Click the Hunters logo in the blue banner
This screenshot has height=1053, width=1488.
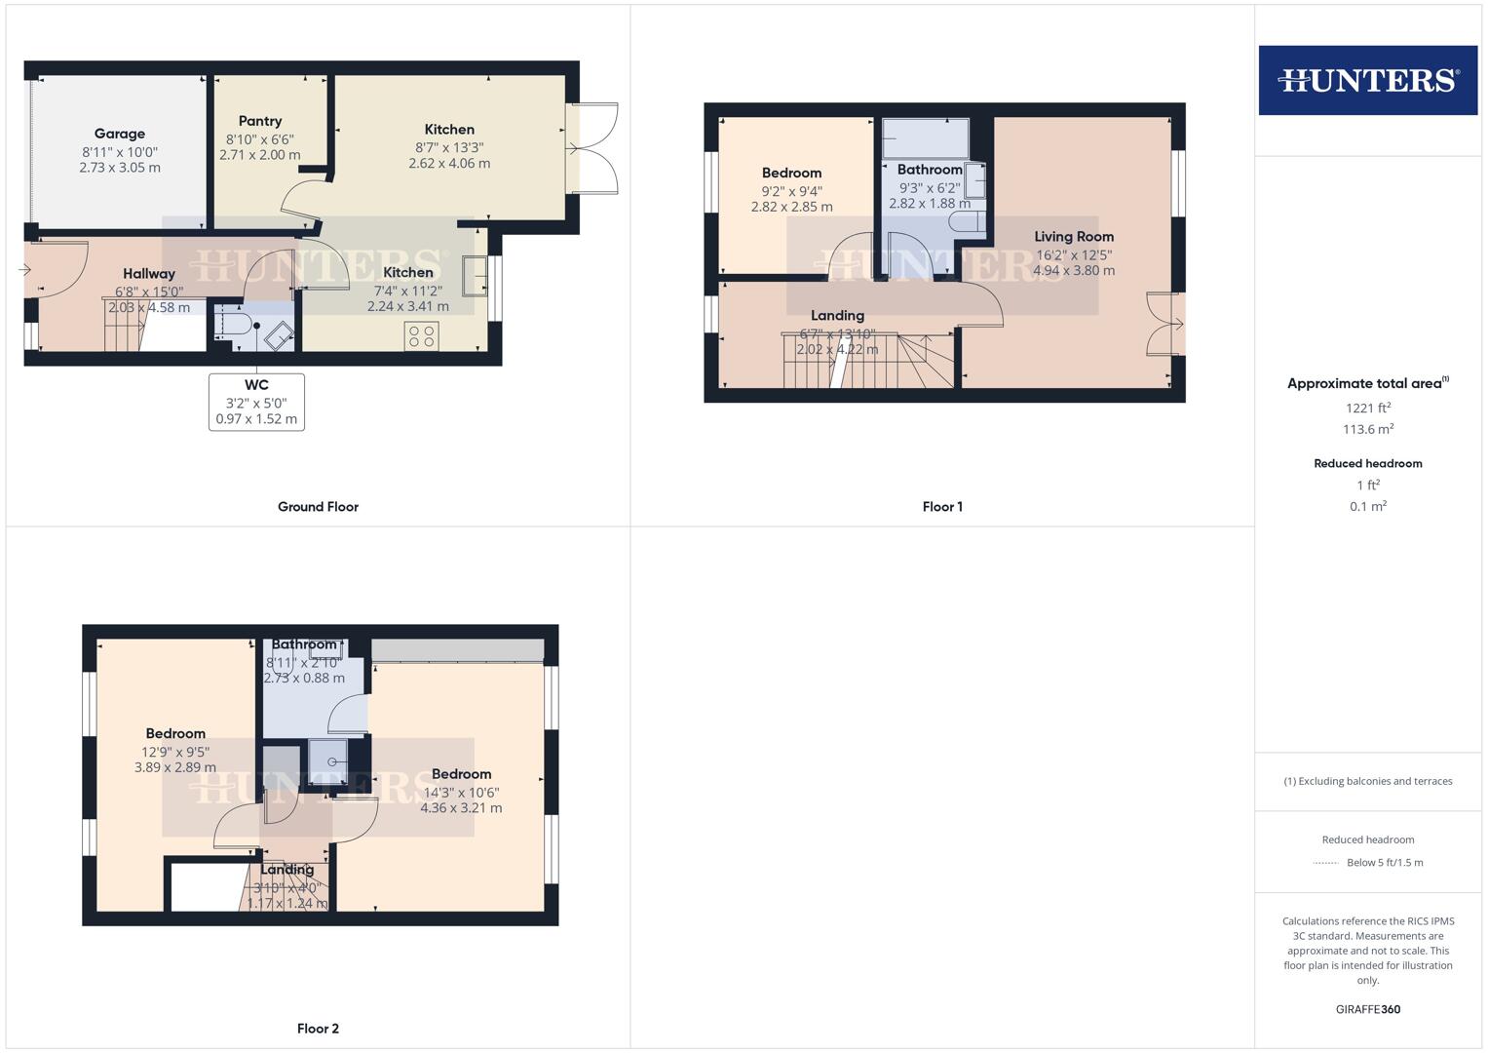point(1367,80)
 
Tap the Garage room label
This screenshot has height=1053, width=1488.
point(120,134)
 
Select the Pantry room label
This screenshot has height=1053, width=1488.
point(260,121)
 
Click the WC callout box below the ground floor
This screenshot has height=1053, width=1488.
point(256,402)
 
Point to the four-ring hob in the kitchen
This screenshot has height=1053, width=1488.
point(422,336)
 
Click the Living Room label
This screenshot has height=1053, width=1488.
point(1074,236)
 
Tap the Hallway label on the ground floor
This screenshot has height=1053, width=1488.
point(149,274)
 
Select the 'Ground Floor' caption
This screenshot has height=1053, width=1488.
point(318,507)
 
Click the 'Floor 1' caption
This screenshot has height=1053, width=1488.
point(942,507)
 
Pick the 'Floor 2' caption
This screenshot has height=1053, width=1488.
point(318,1029)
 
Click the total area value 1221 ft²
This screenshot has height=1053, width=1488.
point(1367,409)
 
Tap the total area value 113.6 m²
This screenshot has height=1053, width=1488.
point(1367,430)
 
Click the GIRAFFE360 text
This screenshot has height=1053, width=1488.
point(1367,1009)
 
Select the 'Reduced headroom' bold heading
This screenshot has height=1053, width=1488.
point(1367,463)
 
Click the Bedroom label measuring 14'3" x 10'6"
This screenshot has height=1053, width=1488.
point(461,774)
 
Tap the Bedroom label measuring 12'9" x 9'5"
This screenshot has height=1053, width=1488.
point(175,733)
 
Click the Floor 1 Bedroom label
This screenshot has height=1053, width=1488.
point(791,173)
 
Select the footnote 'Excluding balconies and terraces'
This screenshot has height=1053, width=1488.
point(1367,781)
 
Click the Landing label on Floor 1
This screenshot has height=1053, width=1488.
point(837,315)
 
